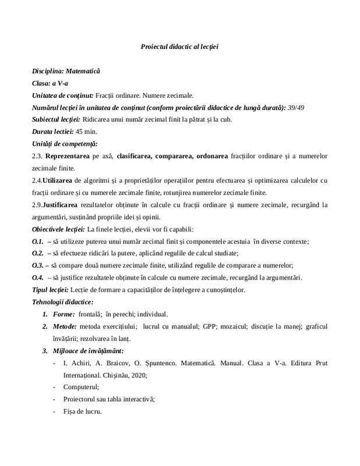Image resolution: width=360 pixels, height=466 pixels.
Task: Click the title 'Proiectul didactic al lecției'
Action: (179, 46)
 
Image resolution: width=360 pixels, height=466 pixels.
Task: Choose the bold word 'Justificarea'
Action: (62, 205)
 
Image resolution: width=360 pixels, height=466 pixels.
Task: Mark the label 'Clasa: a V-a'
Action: (50, 83)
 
